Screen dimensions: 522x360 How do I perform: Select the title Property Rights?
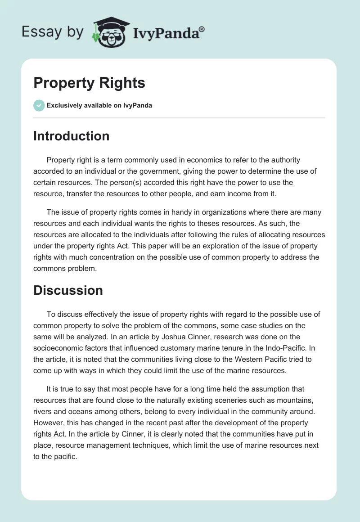(89, 83)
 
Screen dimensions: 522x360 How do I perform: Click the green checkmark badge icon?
(39, 105)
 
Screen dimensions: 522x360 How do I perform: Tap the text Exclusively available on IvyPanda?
(99, 106)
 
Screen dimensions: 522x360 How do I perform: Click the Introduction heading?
(71, 136)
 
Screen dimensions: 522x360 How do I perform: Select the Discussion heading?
(68, 290)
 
